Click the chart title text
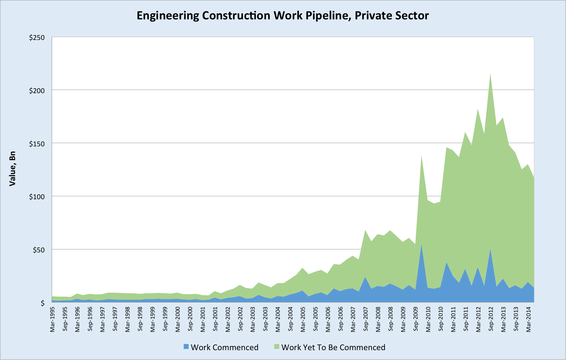(283, 15)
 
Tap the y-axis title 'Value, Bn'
(12, 169)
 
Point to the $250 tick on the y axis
(37, 38)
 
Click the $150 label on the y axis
(37, 144)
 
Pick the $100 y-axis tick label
(37, 197)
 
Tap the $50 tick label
(38, 250)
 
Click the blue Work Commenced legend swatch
(186, 346)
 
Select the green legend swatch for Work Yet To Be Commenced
(277, 346)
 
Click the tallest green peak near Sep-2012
(490, 74)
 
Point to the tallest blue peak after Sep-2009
(421, 244)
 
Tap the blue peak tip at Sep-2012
(490, 249)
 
